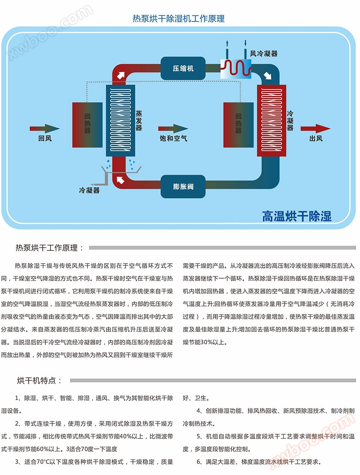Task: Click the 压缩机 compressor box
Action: (183, 68)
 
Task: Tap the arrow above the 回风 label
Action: (45, 128)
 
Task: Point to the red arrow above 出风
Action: (315, 128)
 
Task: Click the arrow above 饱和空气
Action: (173, 128)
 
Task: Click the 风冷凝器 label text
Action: (264, 54)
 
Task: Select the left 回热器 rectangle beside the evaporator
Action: (87, 123)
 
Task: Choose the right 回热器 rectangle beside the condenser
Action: (239, 123)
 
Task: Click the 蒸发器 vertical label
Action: (138, 121)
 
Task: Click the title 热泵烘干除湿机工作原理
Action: (179, 18)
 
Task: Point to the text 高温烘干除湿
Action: (297, 216)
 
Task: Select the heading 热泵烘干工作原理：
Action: (50, 248)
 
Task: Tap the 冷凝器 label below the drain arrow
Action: (90, 189)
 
